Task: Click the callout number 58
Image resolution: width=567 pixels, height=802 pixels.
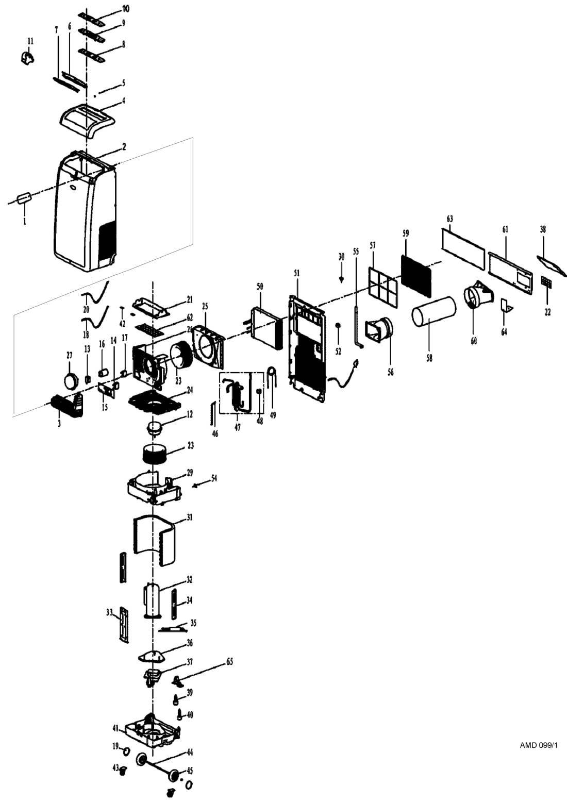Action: coord(429,357)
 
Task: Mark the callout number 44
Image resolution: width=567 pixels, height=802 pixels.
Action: coord(190,753)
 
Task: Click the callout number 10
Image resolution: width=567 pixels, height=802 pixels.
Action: coord(126,9)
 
